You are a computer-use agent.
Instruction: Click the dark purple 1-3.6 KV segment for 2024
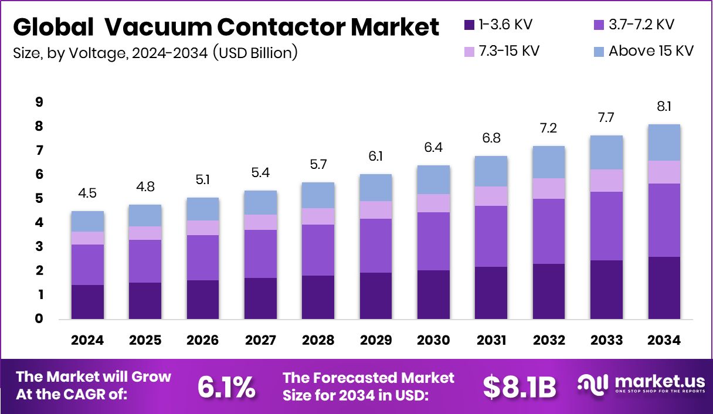(88, 301)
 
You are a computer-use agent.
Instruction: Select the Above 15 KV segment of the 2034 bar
(664, 142)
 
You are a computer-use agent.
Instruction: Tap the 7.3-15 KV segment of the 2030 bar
(433, 203)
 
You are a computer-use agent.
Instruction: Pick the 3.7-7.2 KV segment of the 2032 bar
(549, 231)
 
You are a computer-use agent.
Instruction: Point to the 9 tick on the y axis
(39, 103)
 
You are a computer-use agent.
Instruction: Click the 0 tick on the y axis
(39, 319)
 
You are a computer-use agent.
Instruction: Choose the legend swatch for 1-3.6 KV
(468, 25)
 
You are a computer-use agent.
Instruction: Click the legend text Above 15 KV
(651, 51)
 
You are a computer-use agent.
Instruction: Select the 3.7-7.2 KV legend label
(641, 25)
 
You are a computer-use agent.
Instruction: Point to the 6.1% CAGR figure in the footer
(226, 387)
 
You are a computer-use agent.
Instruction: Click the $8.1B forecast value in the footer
(519, 387)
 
